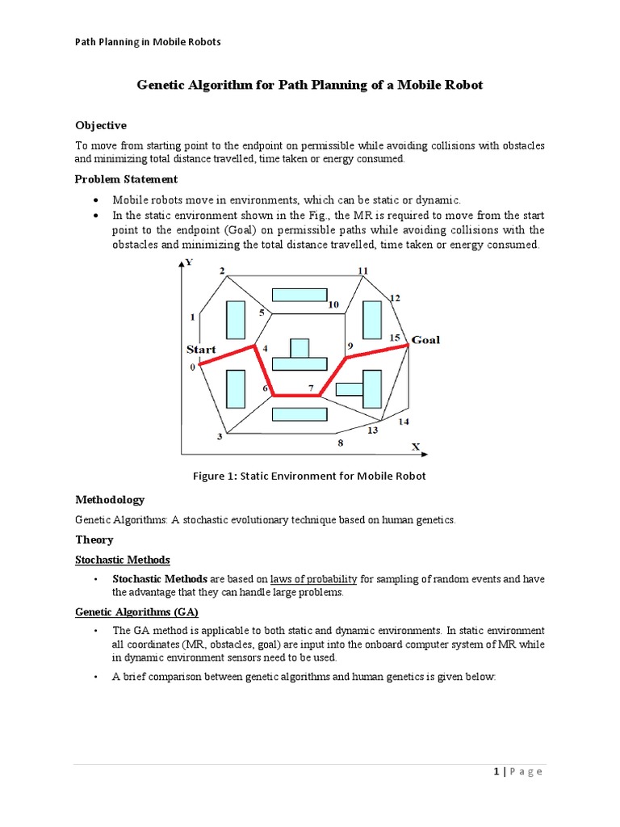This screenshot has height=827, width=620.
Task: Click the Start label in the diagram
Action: pyautogui.click(x=201, y=349)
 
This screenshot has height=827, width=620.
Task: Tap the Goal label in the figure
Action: pyautogui.click(x=425, y=339)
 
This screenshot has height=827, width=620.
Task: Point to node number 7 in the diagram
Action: pyautogui.click(x=311, y=388)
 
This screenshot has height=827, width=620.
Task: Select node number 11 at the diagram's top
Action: pyautogui.click(x=362, y=271)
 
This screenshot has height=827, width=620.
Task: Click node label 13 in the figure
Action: pyautogui.click(x=372, y=430)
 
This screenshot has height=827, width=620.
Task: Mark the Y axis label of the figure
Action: pyautogui.click(x=188, y=262)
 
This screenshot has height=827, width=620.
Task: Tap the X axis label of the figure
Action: pyautogui.click(x=416, y=446)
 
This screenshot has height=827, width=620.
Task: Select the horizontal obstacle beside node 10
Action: pyautogui.click(x=299, y=295)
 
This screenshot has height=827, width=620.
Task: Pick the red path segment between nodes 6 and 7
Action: pyautogui.click(x=296, y=396)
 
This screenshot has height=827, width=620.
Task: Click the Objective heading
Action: pyautogui.click(x=101, y=125)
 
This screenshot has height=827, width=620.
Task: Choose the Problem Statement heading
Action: pyautogui.click(x=126, y=178)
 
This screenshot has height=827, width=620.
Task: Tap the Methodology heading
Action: pyautogui.click(x=110, y=500)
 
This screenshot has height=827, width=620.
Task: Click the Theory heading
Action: pyautogui.click(x=94, y=539)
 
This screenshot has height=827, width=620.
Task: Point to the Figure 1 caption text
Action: pyautogui.click(x=309, y=476)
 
